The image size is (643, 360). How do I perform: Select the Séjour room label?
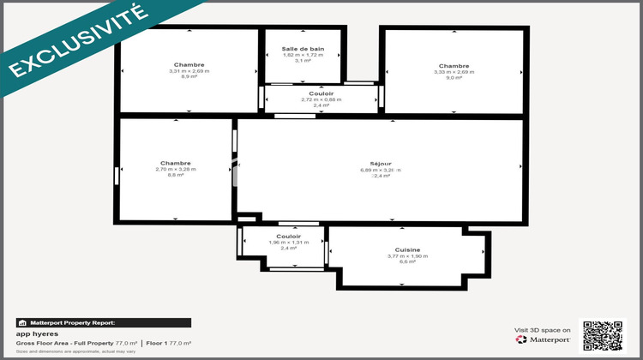click(x=381, y=164)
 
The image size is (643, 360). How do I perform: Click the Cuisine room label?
click(x=402, y=249)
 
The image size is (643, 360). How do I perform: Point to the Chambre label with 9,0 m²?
click(x=454, y=66)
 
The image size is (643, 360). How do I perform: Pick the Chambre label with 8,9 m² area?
click(x=189, y=65)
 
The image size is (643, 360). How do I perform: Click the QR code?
click(x=602, y=334)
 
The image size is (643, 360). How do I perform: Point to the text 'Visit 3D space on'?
click(x=543, y=329)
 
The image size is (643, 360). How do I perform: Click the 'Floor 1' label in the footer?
click(x=156, y=343)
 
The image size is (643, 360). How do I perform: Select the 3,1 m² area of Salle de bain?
click(x=303, y=61)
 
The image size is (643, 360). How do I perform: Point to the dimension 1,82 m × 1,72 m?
click(x=303, y=55)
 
